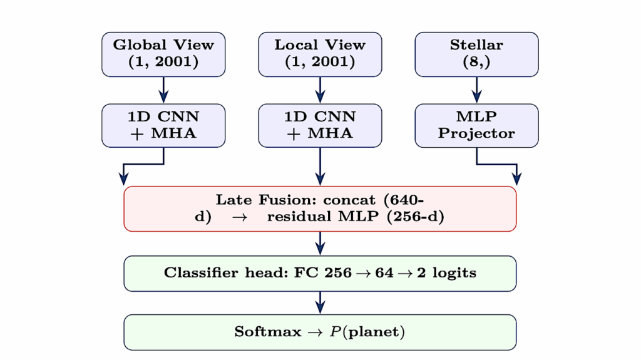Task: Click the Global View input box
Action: [163, 54]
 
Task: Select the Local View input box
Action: [320, 54]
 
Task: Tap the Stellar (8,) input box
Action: [476, 54]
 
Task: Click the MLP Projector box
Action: [476, 125]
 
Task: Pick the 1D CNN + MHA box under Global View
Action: [163, 125]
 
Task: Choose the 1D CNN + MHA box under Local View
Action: [320, 125]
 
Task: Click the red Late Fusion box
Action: [320, 208]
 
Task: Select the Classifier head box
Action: [320, 274]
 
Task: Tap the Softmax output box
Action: [320, 332]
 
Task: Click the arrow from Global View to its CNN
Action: [163, 90]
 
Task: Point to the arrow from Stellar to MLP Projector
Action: [476, 90]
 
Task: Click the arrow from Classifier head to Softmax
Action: [320, 302]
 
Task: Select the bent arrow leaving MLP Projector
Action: [498, 165]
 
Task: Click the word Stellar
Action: [476, 45]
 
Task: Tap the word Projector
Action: [476, 133]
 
